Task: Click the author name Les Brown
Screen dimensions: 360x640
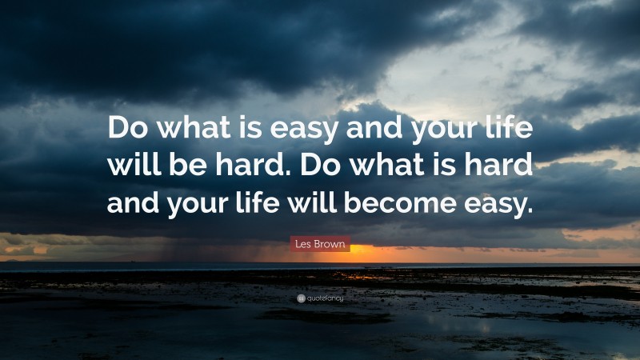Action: click(x=320, y=245)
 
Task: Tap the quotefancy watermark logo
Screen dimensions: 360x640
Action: click(x=320, y=298)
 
